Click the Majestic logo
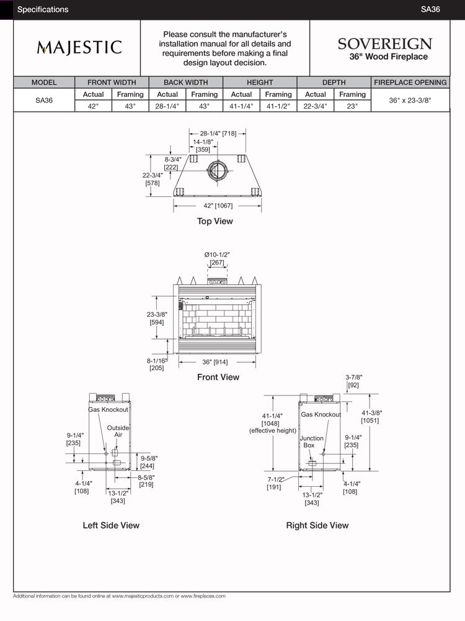79,48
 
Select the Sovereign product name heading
384,45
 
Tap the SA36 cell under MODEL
44,100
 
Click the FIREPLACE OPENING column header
410,82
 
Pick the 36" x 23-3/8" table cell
410,100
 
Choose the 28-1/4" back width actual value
167,106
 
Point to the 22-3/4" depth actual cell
316,106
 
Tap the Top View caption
215,221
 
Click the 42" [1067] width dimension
218,206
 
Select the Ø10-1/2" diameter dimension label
217,258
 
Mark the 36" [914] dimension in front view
215,361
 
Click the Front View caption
218,377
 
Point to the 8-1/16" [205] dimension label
156,364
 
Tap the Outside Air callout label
118,432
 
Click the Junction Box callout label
311,442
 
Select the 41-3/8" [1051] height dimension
370,417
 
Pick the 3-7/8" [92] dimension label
353,381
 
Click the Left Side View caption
111,525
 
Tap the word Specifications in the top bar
43,9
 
